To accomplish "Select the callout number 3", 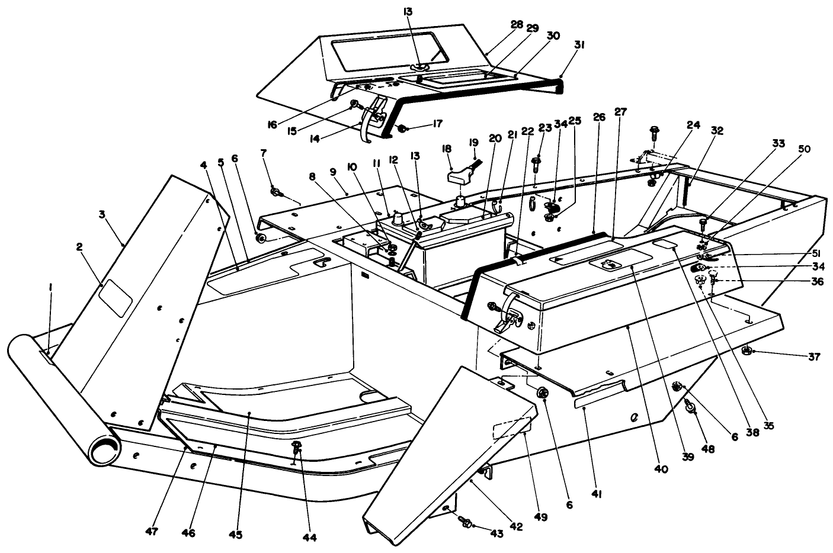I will (x=102, y=214).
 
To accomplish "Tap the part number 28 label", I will (x=517, y=24).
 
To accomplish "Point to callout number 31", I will (x=579, y=44).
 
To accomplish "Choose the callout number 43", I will (x=496, y=533).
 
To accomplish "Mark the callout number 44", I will (x=309, y=538).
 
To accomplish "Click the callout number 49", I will (x=542, y=517).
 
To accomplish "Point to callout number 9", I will (x=333, y=172).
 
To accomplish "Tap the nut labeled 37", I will (x=748, y=351).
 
